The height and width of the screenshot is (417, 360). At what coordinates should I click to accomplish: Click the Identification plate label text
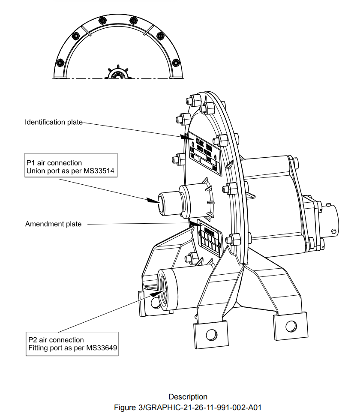(53, 122)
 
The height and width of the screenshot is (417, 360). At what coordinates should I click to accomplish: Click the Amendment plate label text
(53, 224)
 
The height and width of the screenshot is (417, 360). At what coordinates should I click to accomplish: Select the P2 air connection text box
(71, 344)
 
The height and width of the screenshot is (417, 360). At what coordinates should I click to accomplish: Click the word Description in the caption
(188, 397)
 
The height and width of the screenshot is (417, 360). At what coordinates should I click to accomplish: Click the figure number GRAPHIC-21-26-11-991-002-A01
(203, 407)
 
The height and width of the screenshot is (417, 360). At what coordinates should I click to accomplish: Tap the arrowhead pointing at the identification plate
(186, 138)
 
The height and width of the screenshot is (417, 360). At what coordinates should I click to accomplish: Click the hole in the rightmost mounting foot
(290, 324)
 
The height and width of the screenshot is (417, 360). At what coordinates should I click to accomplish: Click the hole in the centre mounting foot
(210, 334)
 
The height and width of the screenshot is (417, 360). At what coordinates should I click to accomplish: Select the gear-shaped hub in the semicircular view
(117, 74)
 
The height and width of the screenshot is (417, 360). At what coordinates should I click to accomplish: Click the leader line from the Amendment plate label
(137, 224)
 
